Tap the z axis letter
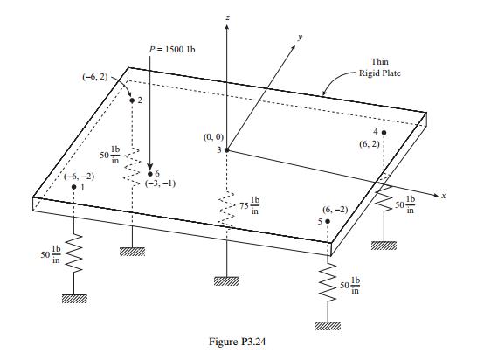coord(227,17)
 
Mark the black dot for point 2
coord(132,100)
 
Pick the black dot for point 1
coord(73,187)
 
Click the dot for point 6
coord(150,174)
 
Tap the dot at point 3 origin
coord(227,150)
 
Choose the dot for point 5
coord(328,222)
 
